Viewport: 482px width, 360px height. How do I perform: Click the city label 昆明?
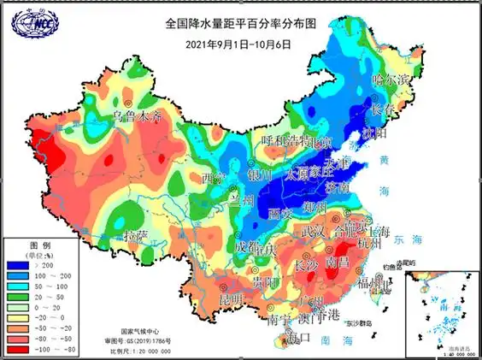point(232,299)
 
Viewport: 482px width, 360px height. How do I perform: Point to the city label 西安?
point(280,212)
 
